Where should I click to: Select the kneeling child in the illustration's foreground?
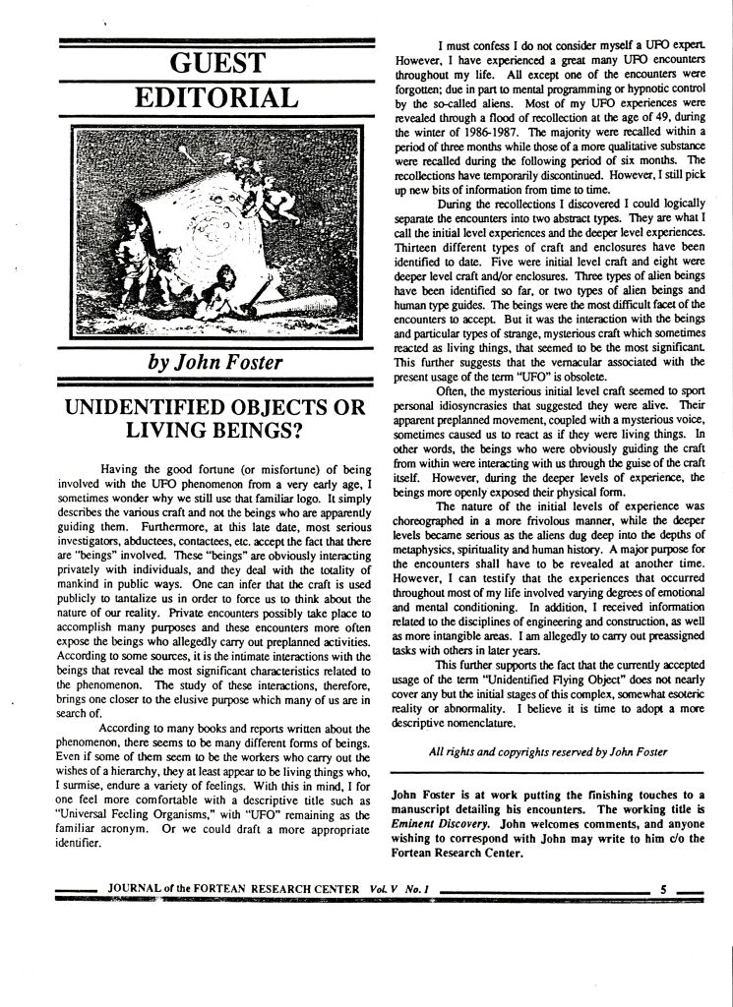218,291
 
